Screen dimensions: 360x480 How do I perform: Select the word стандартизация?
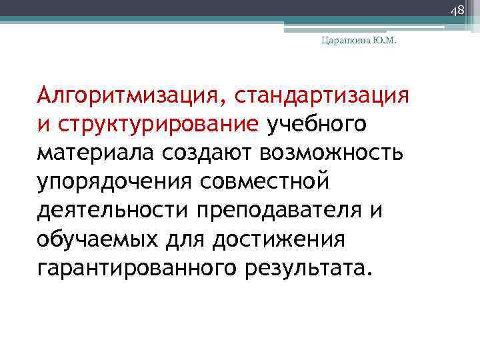[x=320, y=95]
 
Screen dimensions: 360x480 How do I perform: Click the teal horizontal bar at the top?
[x=233, y=21]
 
